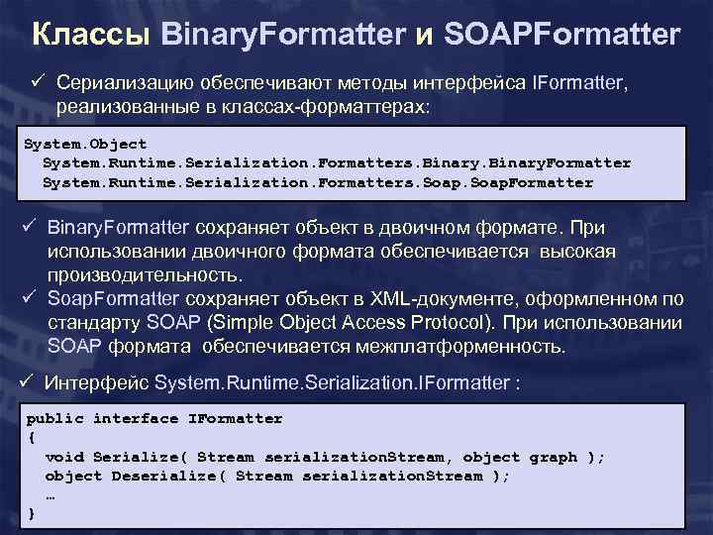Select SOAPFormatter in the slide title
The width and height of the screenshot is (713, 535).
click(561, 36)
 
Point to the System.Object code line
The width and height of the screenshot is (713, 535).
click(84, 144)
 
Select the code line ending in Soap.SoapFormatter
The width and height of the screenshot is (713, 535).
click(317, 182)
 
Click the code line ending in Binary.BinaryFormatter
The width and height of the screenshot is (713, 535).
click(336, 162)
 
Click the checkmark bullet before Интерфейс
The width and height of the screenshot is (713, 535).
click(28, 382)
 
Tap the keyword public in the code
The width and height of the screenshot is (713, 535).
click(54, 418)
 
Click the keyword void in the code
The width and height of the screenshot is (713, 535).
click(64, 457)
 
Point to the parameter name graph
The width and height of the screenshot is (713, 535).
click(553, 457)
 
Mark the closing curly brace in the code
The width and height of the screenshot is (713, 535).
click(31, 513)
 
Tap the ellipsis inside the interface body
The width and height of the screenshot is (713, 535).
click(51, 495)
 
